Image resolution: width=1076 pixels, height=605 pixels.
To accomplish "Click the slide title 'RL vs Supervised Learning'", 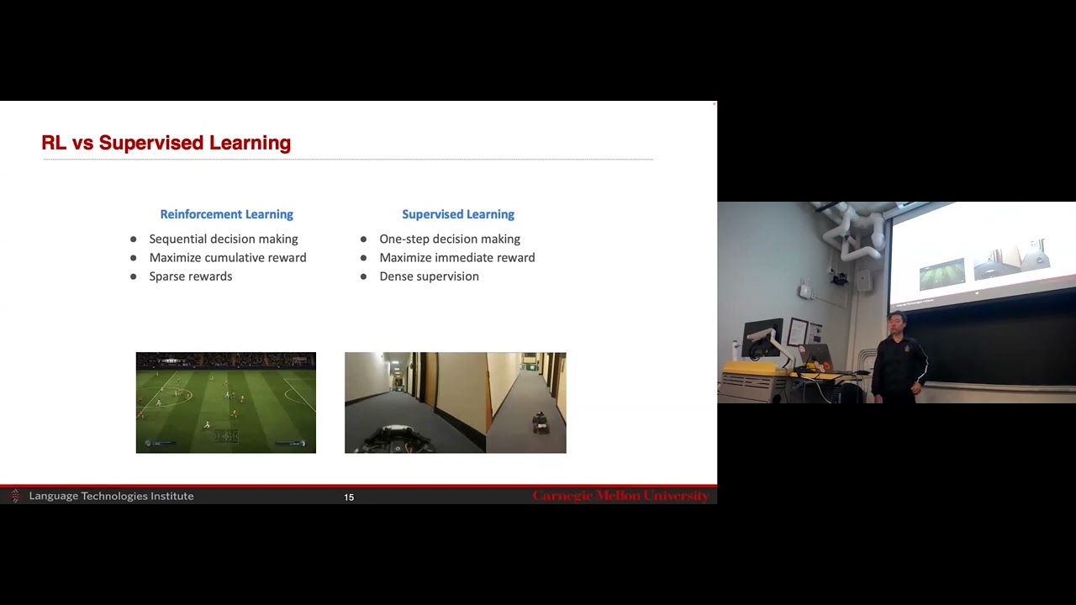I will coord(166,143).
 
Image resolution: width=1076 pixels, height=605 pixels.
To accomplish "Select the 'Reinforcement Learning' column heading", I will coord(226,214).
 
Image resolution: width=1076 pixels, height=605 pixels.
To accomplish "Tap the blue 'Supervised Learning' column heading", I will coord(457,214).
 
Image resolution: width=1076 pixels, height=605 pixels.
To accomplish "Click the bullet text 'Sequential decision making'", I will coord(223,239).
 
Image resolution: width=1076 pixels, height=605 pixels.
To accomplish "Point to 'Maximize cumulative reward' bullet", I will coord(227,257).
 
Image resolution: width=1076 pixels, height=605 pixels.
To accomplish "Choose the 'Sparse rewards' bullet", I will coord(190,276).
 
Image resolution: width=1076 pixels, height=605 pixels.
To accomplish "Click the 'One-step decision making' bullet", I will coord(449,239).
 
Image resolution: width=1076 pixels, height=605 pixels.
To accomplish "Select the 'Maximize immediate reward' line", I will coord(456,257).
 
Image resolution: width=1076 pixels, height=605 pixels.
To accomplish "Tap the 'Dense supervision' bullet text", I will coord(429,276).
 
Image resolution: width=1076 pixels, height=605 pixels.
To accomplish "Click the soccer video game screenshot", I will coord(225,402).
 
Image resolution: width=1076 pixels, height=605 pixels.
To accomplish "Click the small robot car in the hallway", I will coord(541,423).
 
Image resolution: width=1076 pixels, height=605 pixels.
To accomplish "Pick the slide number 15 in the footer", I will coord(349,497).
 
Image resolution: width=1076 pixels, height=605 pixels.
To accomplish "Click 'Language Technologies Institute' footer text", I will coord(111,496).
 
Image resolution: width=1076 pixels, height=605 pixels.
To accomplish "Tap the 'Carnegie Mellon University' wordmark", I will coord(620,496).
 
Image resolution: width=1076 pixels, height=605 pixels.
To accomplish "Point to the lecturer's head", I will coord(898,324).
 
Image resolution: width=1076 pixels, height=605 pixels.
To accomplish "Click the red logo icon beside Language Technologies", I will coord(14,496).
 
